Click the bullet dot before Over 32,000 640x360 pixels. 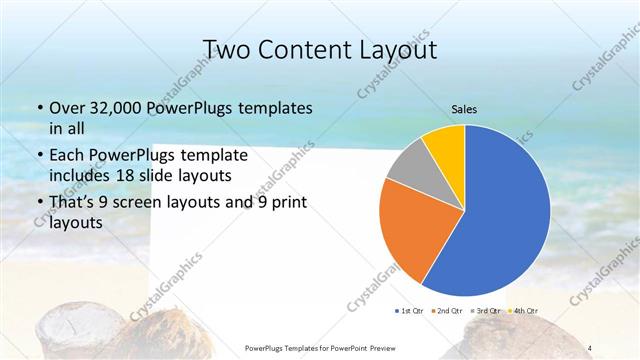tap(38, 108)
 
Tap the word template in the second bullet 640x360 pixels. tap(230, 155)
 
